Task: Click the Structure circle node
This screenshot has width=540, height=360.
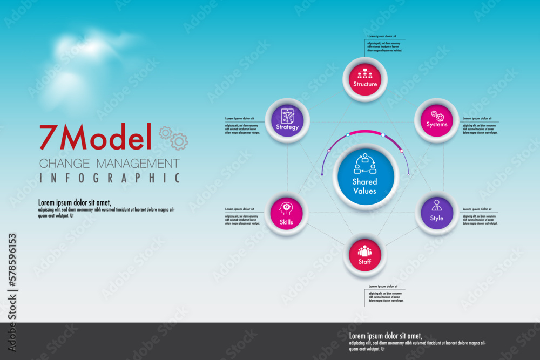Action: [x=365, y=79]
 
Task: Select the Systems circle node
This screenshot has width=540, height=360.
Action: [x=436, y=120]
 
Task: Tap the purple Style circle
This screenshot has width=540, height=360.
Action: [x=436, y=213]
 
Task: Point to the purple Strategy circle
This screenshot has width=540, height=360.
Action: [x=287, y=120]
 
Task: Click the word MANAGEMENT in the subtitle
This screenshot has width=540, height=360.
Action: [x=138, y=163]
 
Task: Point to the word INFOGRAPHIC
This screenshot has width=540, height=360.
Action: [x=110, y=178]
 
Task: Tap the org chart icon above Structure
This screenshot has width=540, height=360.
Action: [x=365, y=73]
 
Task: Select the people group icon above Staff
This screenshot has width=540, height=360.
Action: [x=365, y=251]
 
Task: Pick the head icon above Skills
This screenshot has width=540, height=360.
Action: [x=286, y=208]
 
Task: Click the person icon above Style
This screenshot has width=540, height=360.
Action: [x=436, y=206]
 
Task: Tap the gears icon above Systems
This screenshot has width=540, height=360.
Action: [x=437, y=115]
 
